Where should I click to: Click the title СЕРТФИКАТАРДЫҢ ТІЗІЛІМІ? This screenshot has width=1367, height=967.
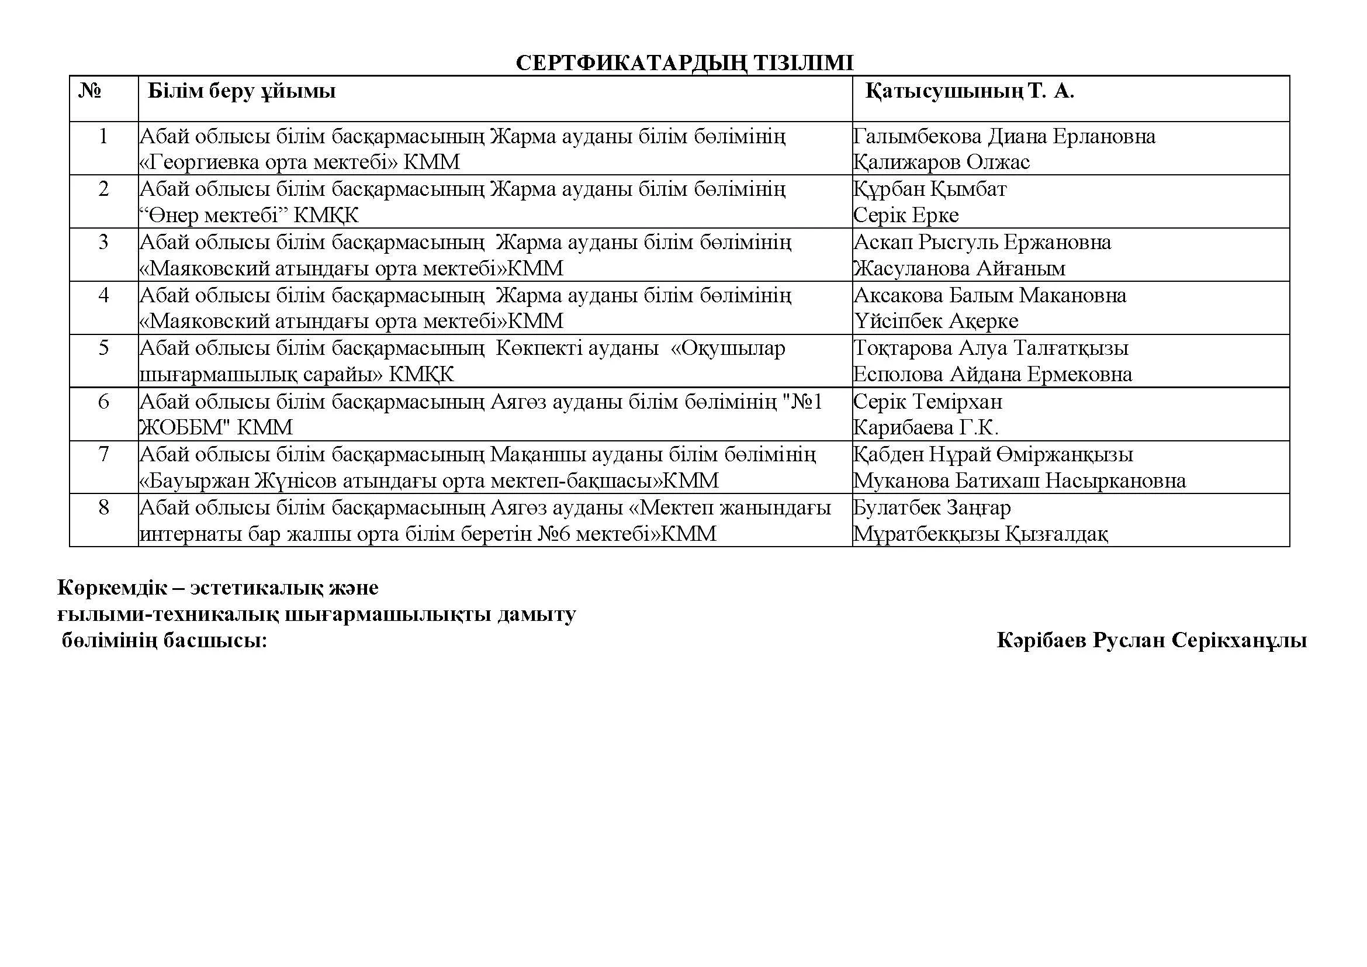click(x=684, y=63)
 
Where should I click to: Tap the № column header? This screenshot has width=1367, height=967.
click(x=90, y=91)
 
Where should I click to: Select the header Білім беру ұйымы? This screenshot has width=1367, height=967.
click(x=242, y=91)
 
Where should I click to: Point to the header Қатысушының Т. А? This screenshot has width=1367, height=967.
click(x=969, y=91)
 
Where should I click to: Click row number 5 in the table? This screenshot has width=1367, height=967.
click(x=103, y=348)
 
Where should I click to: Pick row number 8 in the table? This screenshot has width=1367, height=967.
click(x=103, y=507)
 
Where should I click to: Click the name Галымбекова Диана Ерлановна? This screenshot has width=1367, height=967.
click(x=1004, y=136)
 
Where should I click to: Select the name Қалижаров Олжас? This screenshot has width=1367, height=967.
click(x=942, y=162)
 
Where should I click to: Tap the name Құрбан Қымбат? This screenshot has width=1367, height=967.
click(x=929, y=189)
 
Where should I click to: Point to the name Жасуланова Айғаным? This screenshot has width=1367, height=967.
click(x=959, y=268)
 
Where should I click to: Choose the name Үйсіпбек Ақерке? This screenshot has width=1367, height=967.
click(x=935, y=322)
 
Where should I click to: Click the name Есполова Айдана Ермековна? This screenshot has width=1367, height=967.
click(x=992, y=375)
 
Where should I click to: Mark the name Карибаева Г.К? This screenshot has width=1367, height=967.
click(x=926, y=427)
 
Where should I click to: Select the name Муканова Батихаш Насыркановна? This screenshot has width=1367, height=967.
click(x=1019, y=481)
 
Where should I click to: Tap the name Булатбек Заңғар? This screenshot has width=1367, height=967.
click(x=932, y=507)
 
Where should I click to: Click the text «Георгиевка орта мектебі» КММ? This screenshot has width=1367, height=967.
click(x=300, y=162)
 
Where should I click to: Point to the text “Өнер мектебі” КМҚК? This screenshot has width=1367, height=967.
click(x=250, y=215)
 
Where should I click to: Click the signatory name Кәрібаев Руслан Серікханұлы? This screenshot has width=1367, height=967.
click(x=1151, y=641)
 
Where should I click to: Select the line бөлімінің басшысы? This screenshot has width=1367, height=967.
click(x=164, y=641)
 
